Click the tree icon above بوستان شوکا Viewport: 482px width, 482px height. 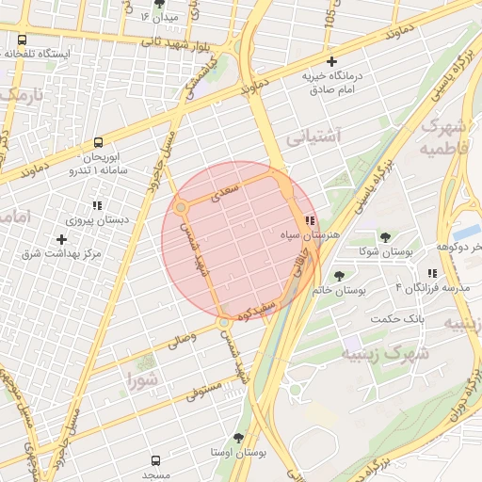385,235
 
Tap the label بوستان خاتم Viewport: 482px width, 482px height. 338,290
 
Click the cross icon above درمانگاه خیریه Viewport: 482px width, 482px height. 331,61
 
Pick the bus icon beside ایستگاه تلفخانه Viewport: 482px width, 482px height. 22,40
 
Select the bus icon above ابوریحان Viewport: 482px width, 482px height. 98,143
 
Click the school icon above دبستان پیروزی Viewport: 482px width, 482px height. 96,204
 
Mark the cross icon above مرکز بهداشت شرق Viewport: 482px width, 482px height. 62,239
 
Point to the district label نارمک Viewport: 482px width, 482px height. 21,96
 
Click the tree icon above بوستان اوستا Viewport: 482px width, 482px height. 237,438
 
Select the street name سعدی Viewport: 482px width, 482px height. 230,191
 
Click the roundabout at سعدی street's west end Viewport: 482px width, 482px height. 181,207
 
